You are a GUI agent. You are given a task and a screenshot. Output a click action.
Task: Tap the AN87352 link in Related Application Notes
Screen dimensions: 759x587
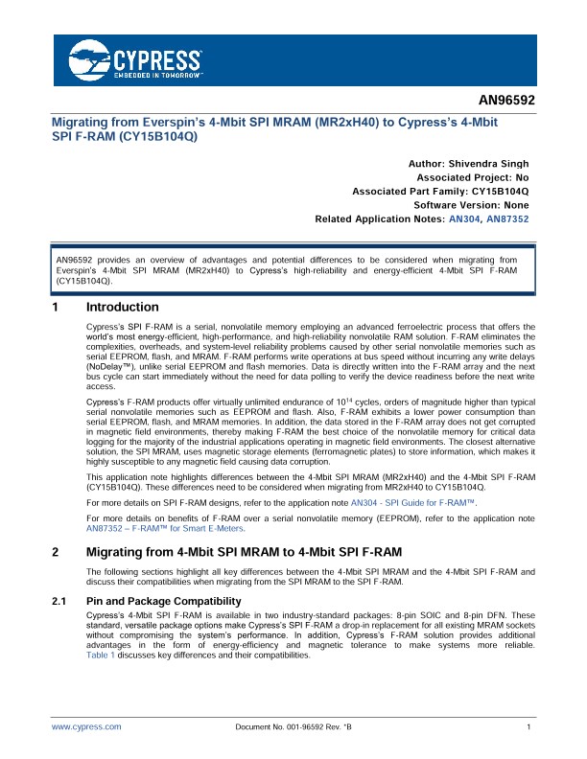[x=507, y=219]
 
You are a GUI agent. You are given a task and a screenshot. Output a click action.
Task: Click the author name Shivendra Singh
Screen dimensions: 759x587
[x=488, y=164]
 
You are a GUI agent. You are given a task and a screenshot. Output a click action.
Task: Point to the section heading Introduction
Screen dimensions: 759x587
[x=122, y=308]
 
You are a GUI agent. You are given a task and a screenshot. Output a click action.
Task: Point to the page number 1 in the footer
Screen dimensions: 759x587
[x=529, y=728]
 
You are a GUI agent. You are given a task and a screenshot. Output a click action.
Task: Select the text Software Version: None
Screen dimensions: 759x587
[x=471, y=205]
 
